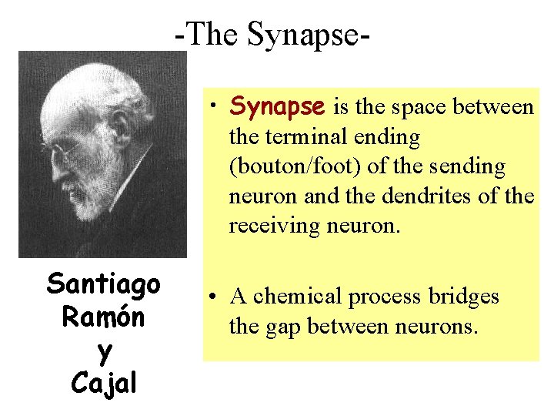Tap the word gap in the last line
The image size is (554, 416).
pos(282,327)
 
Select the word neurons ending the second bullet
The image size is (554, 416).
pos(442,327)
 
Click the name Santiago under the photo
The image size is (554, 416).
pos(103,283)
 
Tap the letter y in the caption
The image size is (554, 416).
pos(104,351)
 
